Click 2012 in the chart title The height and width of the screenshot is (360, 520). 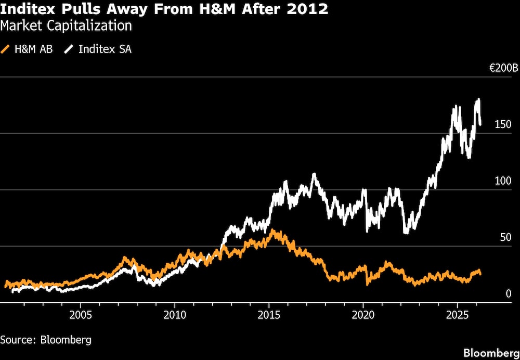tap(311, 9)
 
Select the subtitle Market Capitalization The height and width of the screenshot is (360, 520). tap(66, 25)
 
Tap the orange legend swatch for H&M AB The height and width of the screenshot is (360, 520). tap(6, 50)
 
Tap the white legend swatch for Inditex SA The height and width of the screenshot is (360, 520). tap(69, 50)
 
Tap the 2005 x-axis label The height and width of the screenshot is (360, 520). tap(81, 315)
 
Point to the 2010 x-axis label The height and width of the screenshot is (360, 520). tap(175, 315)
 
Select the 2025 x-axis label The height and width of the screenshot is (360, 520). tap(457, 315)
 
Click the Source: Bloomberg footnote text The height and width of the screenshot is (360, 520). tap(46, 340)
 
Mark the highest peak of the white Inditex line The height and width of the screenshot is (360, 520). tap(478, 99)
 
